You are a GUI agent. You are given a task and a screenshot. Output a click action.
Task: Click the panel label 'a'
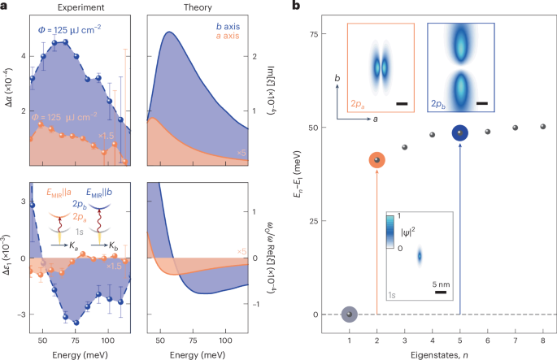point(5,7)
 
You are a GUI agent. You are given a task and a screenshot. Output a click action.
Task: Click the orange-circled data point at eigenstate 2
point(376,161)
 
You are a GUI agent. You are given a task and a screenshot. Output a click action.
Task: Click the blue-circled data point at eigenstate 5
point(459,133)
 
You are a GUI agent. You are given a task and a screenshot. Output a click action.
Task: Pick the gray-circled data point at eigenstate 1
point(348,314)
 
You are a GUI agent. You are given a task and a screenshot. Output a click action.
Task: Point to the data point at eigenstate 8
point(542,127)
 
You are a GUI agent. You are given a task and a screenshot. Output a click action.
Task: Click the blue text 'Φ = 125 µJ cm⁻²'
point(71,31)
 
